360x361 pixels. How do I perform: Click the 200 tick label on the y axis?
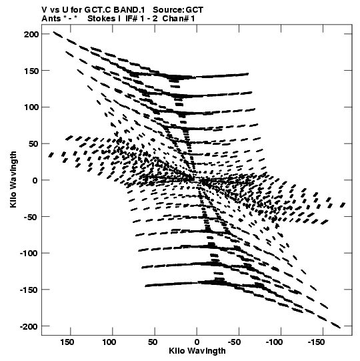coord(31,34)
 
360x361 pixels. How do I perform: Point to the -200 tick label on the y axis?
coord(29,326)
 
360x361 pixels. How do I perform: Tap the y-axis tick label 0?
coord(35,180)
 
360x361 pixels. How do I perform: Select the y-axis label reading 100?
coord(31,107)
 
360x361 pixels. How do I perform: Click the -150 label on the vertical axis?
coord(29,290)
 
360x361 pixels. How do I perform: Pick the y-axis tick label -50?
coord(31,217)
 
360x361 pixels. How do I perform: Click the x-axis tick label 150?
coord(67,342)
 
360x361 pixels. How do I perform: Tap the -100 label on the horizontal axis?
coord(274,342)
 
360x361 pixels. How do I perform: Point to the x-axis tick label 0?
coord(197,342)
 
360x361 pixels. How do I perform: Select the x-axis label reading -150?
coord(316,342)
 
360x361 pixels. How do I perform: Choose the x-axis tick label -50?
coord(235,342)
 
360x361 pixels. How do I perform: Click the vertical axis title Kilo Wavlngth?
coord(13,179)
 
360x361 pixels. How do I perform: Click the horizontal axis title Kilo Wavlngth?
coord(197,351)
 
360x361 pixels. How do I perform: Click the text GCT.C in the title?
coord(98,10)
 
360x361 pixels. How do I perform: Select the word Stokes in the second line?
coord(102,19)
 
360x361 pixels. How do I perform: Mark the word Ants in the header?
coord(51,19)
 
